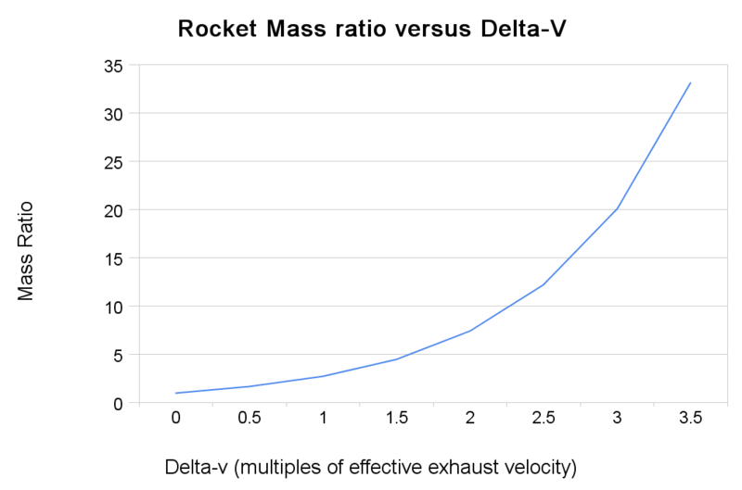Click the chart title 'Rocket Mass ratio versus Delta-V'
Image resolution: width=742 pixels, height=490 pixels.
tap(371, 31)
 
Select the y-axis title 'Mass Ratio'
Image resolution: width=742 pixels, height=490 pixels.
tap(26, 250)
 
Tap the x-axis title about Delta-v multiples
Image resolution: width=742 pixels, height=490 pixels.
tap(370, 465)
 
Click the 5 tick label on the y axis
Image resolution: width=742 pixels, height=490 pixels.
tap(117, 355)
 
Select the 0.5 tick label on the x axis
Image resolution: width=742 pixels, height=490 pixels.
tap(249, 419)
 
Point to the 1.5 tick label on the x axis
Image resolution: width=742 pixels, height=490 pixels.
tap(396, 419)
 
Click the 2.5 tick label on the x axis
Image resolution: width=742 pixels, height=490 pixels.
tap(543, 419)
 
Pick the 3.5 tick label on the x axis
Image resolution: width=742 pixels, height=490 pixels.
tap(690, 419)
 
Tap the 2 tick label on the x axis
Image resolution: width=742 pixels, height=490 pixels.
tap(469, 419)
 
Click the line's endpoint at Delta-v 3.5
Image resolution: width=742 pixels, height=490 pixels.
tap(690, 82)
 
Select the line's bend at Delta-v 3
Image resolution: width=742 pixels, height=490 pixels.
tap(617, 208)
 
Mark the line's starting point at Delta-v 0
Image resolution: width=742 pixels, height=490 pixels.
tap(175, 393)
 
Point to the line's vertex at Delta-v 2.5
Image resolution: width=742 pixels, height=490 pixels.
tap(543, 284)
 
